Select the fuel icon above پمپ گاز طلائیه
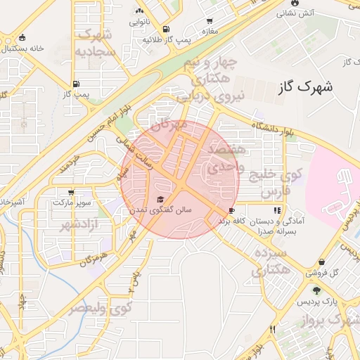[x=165, y=30]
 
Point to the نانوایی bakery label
[x=139, y=22]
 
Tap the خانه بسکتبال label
[x=22, y=49]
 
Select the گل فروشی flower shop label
[x=324, y=272]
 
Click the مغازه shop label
[x=209, y=32]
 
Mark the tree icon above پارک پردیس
[x=316, y=290]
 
